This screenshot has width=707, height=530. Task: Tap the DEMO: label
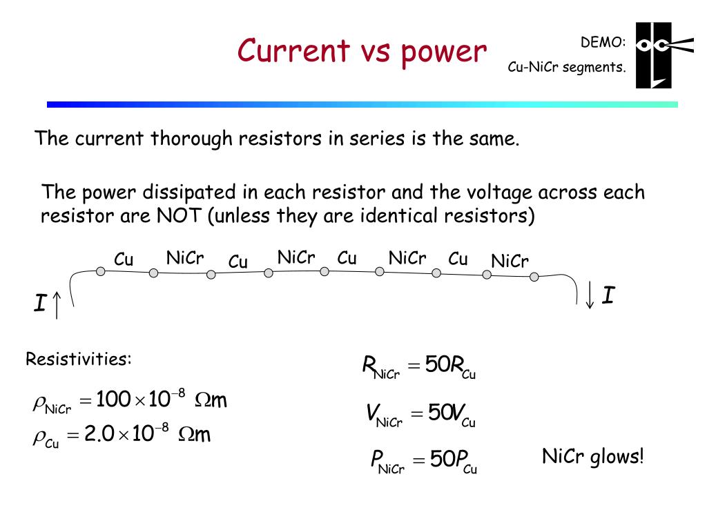[603, 43]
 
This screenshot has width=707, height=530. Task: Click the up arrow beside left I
[57, 304]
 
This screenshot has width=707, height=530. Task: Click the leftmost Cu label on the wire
[124, 260]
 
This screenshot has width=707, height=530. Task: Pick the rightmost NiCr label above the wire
[510, 262]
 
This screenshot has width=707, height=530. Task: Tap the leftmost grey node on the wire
[101, 271]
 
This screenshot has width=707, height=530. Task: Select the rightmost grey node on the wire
[534, 277]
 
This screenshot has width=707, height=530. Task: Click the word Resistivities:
[78, 360]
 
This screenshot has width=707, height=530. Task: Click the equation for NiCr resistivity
[130, 401]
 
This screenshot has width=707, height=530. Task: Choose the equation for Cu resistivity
[122, 436]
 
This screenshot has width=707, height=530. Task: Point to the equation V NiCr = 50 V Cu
[420, 415]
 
